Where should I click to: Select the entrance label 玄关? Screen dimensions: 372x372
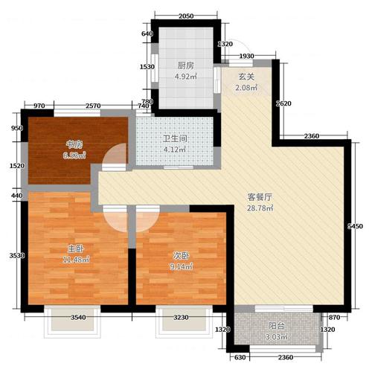point(246,77)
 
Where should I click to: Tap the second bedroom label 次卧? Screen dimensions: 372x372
point(179,255)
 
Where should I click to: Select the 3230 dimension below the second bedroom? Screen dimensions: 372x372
point(184,318)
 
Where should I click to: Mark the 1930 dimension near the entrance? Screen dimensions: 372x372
point(247,57)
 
